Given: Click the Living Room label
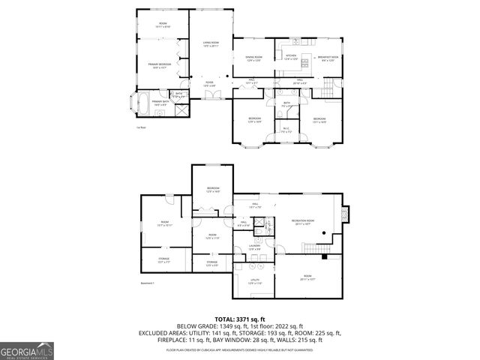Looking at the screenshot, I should coord(210,43).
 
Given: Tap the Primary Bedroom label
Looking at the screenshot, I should coord(160,65).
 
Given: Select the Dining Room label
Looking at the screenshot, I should coord(253,58).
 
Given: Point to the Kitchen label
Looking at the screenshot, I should coord(291,56).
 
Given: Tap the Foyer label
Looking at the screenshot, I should coord(210,84).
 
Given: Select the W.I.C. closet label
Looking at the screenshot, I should coord(286,129).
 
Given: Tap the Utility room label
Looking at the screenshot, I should coord(255,281).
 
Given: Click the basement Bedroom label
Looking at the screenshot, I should coord(213,189).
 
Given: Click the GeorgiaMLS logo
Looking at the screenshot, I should coord(25,349).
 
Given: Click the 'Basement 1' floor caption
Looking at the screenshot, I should coord(147,283).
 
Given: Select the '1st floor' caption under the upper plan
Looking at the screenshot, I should coord(140,127).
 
